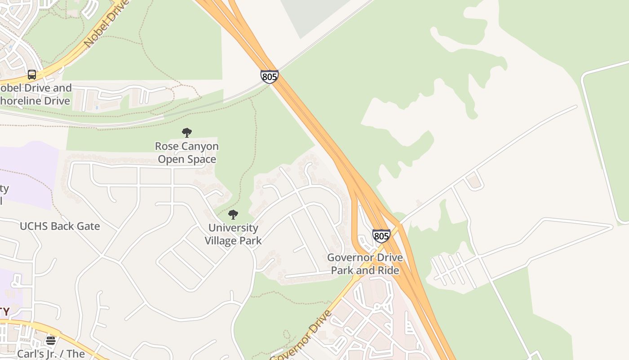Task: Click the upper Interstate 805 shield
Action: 269,76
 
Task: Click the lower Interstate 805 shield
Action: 381,236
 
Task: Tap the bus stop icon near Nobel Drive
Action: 32,75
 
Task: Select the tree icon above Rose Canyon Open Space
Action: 187,133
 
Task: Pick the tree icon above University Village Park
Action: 233,215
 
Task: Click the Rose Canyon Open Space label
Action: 187,153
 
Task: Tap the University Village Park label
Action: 233,234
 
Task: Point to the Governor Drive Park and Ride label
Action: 365,264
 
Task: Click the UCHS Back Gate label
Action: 60,226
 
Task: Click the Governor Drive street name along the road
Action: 301,336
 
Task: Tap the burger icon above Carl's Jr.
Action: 51,341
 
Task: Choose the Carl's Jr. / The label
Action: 51,354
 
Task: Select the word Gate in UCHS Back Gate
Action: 89,226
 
